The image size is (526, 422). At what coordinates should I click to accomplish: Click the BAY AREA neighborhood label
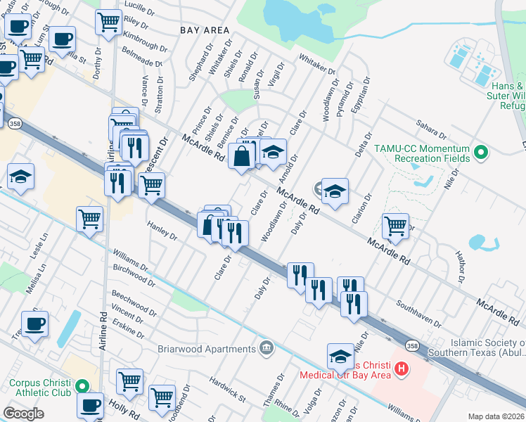click(x=205, y=30)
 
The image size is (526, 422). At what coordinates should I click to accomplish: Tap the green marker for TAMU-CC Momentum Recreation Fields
click(x=481, y=151)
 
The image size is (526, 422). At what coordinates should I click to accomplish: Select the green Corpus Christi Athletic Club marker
click(x=82, y=385)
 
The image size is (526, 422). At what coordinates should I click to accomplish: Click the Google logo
click(x=23, y=414)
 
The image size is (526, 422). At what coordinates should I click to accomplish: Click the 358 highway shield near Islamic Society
click(x=412, y=345)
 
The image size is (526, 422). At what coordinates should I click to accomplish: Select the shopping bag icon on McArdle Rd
click(x=241, y=156)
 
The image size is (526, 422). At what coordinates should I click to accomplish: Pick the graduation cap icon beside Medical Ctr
click(x=340, y=355)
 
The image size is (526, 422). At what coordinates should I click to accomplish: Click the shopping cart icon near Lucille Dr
click(x=108, y=21)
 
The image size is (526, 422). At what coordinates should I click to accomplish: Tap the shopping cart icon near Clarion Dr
click(x=395, y=226)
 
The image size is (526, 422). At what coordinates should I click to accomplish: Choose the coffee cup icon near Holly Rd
click(x=90, y=405)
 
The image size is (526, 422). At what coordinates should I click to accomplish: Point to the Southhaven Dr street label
click(x=418, y=314)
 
